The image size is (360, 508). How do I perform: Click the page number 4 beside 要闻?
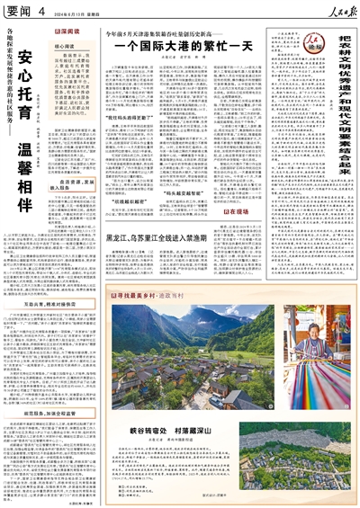40,11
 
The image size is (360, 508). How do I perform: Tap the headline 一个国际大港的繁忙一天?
166,44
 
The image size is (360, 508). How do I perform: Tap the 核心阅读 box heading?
67,41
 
